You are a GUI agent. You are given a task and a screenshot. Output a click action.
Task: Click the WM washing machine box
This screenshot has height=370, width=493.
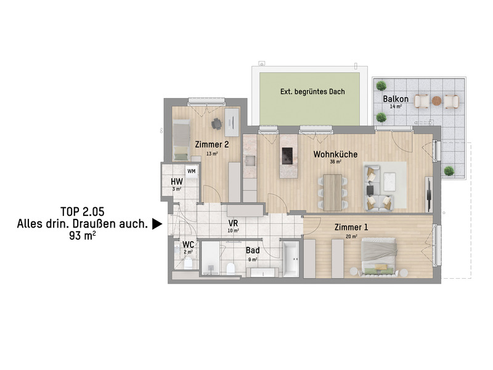[x=192, y=171]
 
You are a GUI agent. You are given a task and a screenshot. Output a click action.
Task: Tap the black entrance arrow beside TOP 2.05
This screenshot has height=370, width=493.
[x=157, y=224]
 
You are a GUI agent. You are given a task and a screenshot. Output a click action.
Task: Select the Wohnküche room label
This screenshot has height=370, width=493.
[x=335, y=154]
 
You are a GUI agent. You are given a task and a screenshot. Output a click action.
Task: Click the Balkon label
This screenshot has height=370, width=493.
[x=396, y=99]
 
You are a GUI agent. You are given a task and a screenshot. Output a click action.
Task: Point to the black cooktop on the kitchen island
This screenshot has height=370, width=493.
[x=287, y=156]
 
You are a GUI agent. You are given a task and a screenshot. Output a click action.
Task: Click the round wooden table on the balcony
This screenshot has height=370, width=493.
[x=436, y=101]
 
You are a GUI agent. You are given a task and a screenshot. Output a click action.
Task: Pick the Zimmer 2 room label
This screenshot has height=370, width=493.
[x=212, y=144]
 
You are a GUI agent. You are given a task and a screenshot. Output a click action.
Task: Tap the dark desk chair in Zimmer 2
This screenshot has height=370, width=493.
[x=216, y=123]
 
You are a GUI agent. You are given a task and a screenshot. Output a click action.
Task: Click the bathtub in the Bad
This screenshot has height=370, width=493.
[x=291, y=259]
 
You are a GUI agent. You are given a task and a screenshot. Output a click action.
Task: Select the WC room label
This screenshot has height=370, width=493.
[x=188, y=244]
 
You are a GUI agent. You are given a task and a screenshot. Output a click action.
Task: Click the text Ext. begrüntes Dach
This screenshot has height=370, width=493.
[x=312, y=91]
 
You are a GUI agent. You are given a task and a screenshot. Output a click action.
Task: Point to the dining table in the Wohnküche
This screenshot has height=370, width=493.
[x=333, y=192]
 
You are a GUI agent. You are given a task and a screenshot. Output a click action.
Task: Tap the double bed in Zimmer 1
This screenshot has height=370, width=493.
[x=379, y=256]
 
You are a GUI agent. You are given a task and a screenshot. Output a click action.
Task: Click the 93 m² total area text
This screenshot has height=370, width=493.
[x=83, y=235]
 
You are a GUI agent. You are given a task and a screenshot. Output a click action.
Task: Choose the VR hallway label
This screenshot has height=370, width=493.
[x=233, y=223]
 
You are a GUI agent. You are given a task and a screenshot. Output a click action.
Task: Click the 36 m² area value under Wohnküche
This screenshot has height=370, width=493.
[x=335, y=162]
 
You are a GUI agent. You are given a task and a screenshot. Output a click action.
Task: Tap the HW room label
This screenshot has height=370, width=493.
[x=177, y=181]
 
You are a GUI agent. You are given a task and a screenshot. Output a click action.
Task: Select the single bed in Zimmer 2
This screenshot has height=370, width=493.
[x=181, y=140]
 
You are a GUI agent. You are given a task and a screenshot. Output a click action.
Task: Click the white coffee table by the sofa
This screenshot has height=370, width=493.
[x=389, y=181]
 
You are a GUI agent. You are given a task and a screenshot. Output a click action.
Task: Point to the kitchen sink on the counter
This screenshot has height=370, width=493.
[x=250, y=160]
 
